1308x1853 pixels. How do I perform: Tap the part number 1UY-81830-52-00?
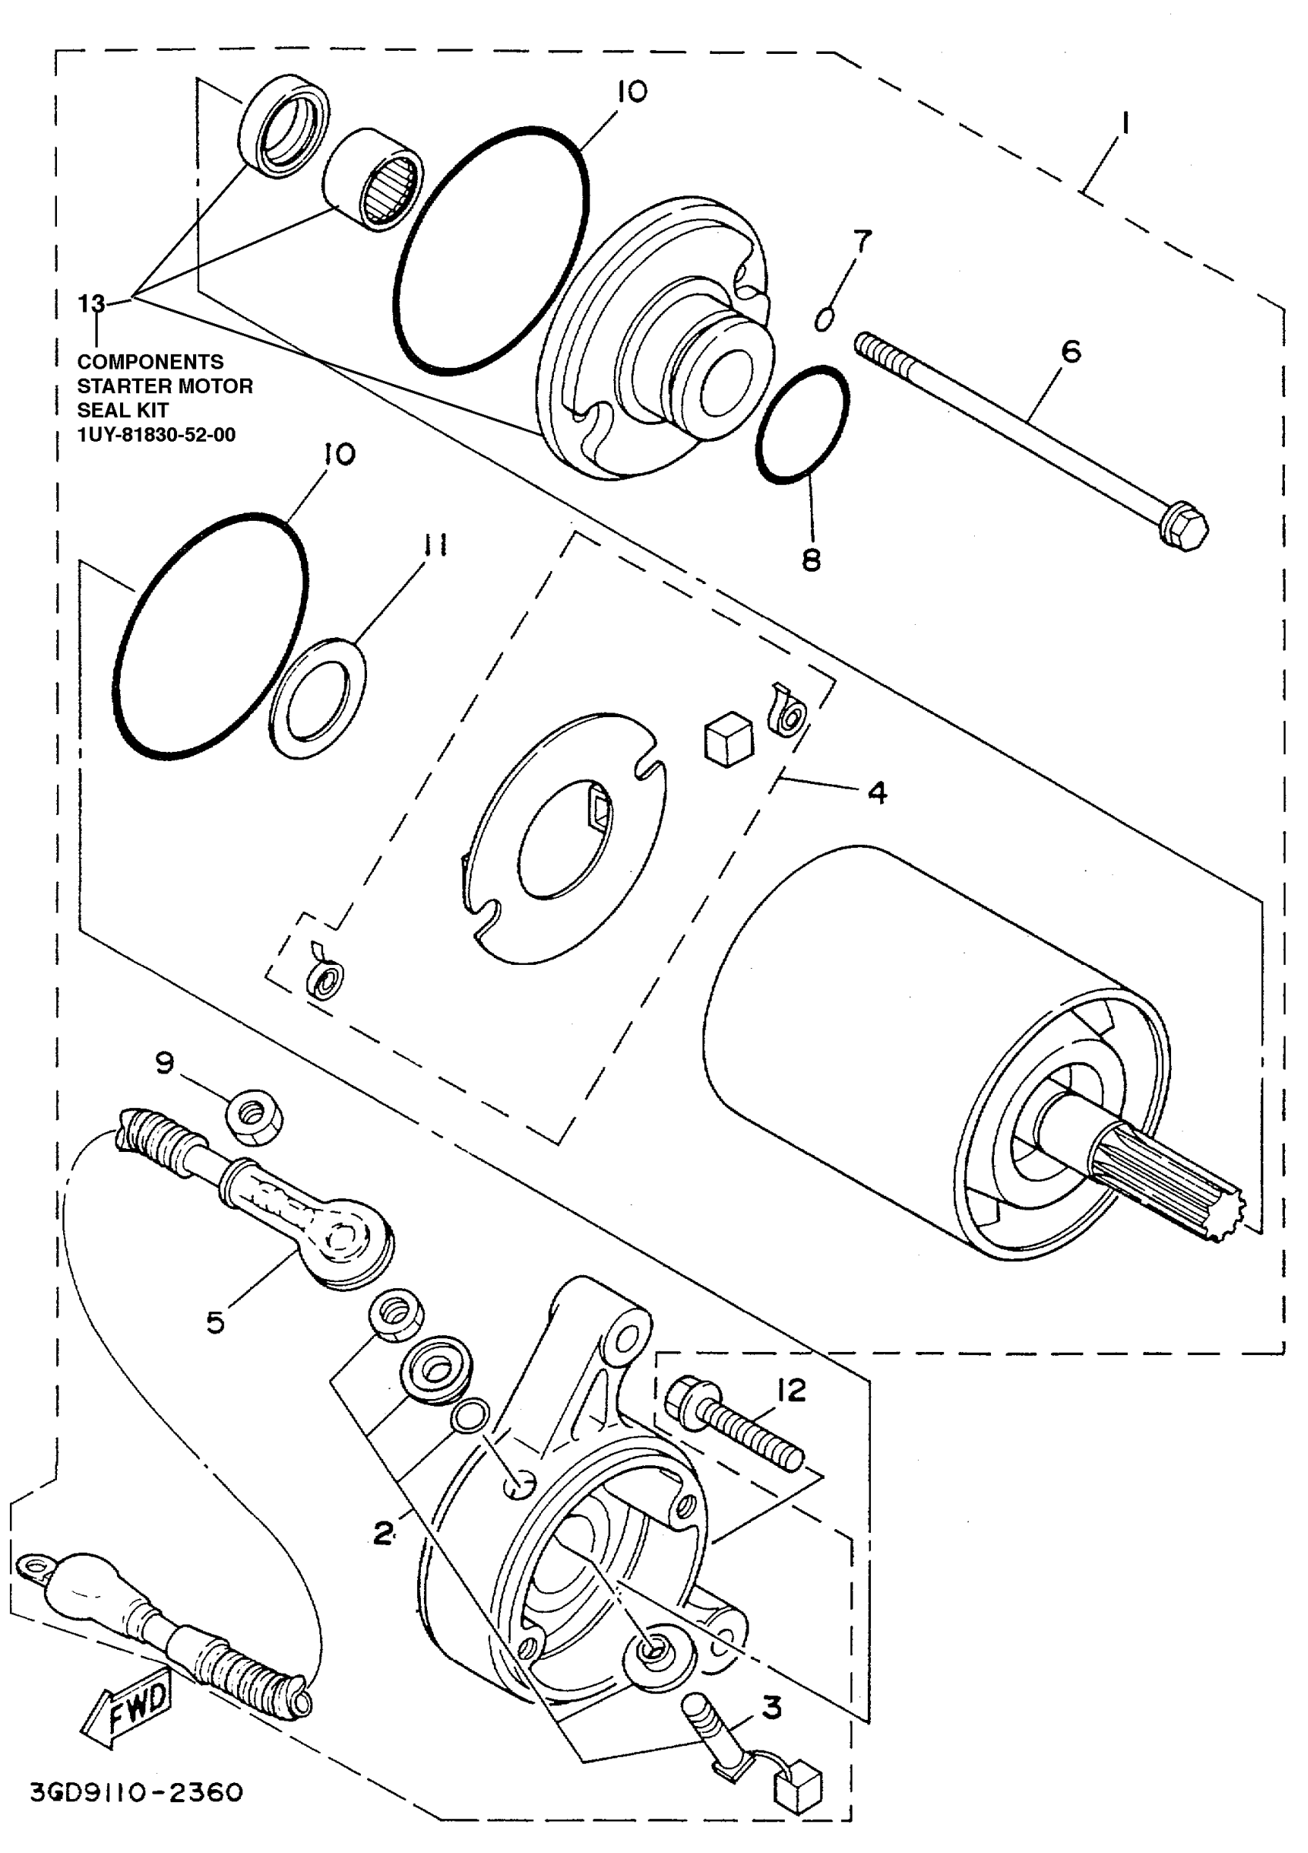click(155, 435)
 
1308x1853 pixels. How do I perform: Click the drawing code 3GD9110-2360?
click(136, 1793)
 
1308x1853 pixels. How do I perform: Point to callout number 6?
click(1070, 351)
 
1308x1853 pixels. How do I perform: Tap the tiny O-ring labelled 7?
click(823, 319)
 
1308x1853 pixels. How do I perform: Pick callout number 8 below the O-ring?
click(811, 559)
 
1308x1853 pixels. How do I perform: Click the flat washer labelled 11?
click(316, 698)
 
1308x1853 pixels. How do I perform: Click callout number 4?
click(877, 793)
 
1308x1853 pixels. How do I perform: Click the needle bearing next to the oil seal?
click(373, 179)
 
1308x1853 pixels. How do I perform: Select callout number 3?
click(772, 1708)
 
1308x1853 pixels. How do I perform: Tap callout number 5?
click(215, 1322)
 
